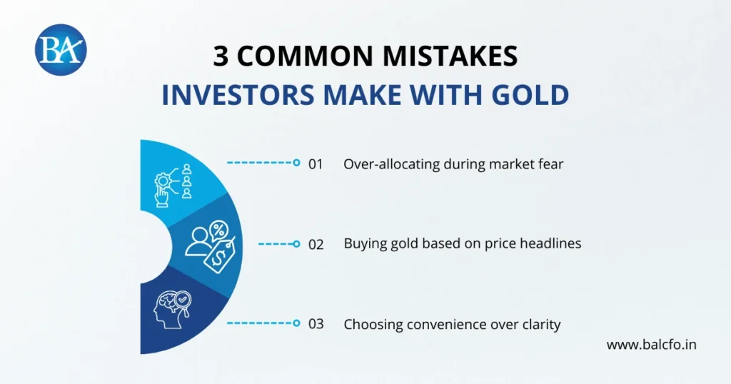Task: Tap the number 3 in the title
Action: click(221, 57)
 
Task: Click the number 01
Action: click(316, 163)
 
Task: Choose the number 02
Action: click(316, 243)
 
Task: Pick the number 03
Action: click(316, 324)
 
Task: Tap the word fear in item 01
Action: click(550, 163)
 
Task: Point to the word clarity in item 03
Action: click(540, 324)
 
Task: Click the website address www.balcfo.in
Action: click(651, 345)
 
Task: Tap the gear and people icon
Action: click(173, 182)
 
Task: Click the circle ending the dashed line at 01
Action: click(296, 163)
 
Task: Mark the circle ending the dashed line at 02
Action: click(296, 243)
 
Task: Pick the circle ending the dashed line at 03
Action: click(296, 323)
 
